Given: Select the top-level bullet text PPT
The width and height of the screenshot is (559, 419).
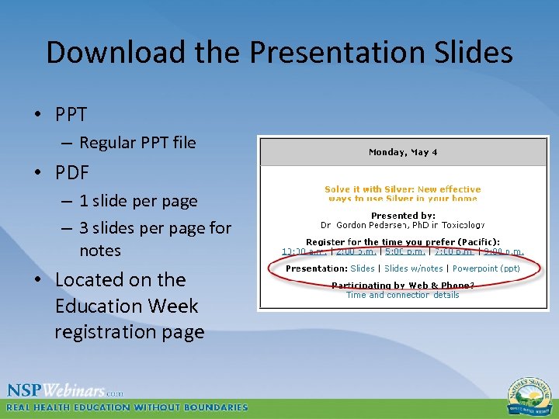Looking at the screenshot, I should click(71, 114).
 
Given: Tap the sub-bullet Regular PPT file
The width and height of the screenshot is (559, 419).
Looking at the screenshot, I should click(137, 143).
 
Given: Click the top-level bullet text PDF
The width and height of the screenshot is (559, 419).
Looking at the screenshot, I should click(71, 171).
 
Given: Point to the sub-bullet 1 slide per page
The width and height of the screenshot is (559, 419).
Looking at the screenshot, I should click(138, 201).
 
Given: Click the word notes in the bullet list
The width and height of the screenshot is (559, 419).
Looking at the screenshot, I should click(100, 251).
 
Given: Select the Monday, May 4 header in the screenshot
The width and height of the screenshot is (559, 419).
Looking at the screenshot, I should click(403, 152).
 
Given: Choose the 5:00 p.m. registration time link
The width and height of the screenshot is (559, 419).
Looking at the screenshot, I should click(404, 251).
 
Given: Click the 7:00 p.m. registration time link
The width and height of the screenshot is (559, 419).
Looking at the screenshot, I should click(455, 251).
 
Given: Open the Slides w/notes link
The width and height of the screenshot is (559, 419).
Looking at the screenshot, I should click(415, 268).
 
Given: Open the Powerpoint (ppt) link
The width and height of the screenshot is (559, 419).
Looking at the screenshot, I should click(486, 268).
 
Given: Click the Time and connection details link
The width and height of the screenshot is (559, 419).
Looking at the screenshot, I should click(402, 295).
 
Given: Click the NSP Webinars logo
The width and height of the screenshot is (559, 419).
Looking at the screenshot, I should click(65, 390).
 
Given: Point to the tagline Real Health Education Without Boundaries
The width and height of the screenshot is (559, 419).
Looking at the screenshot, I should click(127, 407).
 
